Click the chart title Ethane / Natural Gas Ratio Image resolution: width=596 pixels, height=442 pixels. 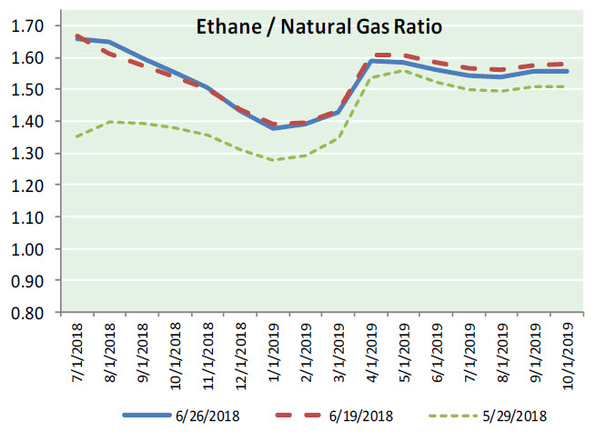[319, 27]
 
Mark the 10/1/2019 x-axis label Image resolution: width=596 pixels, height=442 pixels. [568, 356]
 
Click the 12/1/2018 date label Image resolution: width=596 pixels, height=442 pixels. [241, 356]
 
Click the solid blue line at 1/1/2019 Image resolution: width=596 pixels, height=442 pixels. [273, 128]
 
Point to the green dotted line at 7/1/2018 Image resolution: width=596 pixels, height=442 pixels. [77, 136]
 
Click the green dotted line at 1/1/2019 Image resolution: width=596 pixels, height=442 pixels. [273, 160]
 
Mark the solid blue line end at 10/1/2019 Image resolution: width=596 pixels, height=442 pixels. [568, 71]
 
